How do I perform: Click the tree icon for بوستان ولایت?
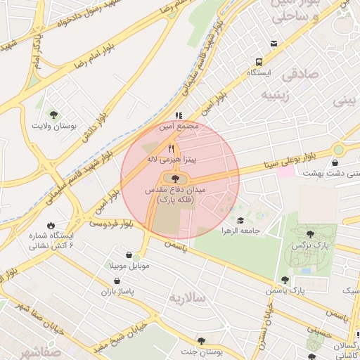point(53,115)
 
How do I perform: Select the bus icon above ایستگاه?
point(259,62)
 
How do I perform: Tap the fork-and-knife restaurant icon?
point(171,149)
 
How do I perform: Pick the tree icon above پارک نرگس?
point(310,233)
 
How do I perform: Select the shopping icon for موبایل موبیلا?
point(129,255)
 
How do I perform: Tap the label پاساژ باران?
point(117,290)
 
